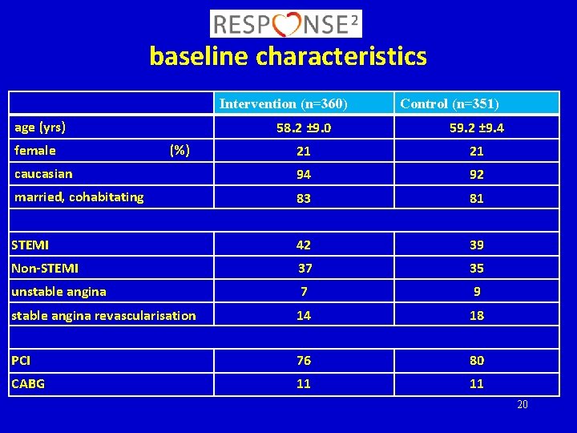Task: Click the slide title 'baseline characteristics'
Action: pyautogui.click(x=288, y=57)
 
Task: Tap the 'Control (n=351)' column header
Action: pyautogui.click(x=450, y=103)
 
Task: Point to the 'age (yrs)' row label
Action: pyautogui.click(x=40, y=127)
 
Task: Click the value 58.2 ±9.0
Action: pyautogui.click(x=304, y=127)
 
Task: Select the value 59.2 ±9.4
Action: pyautogui.click(x=477, y=127)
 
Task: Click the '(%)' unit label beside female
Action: pyautogui.click(x=180, y=150)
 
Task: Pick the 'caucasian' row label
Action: pyautogui.click(x=43, y=173)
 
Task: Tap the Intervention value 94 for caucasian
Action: pyautogui.click(x=304, y=174)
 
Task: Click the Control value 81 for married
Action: pyautogui.click(x=477, y=198)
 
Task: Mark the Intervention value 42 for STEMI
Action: pyautogui.click(x=304, y=245)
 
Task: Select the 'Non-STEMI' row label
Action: pyautogui.click(x=45, y=269)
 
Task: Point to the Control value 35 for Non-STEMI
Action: pyautogui.click(x=477, y=268)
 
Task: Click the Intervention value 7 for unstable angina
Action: pyautogui.click(x=304, y=292)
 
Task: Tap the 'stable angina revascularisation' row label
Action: pyautogui.click(x=103, y=315)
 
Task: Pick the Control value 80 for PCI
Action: pyautogui.click(x=477, y=361)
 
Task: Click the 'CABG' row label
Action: pyautogui.click(x=28, y=384)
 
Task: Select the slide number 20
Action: pyautogui.click(x=522, y=404)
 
